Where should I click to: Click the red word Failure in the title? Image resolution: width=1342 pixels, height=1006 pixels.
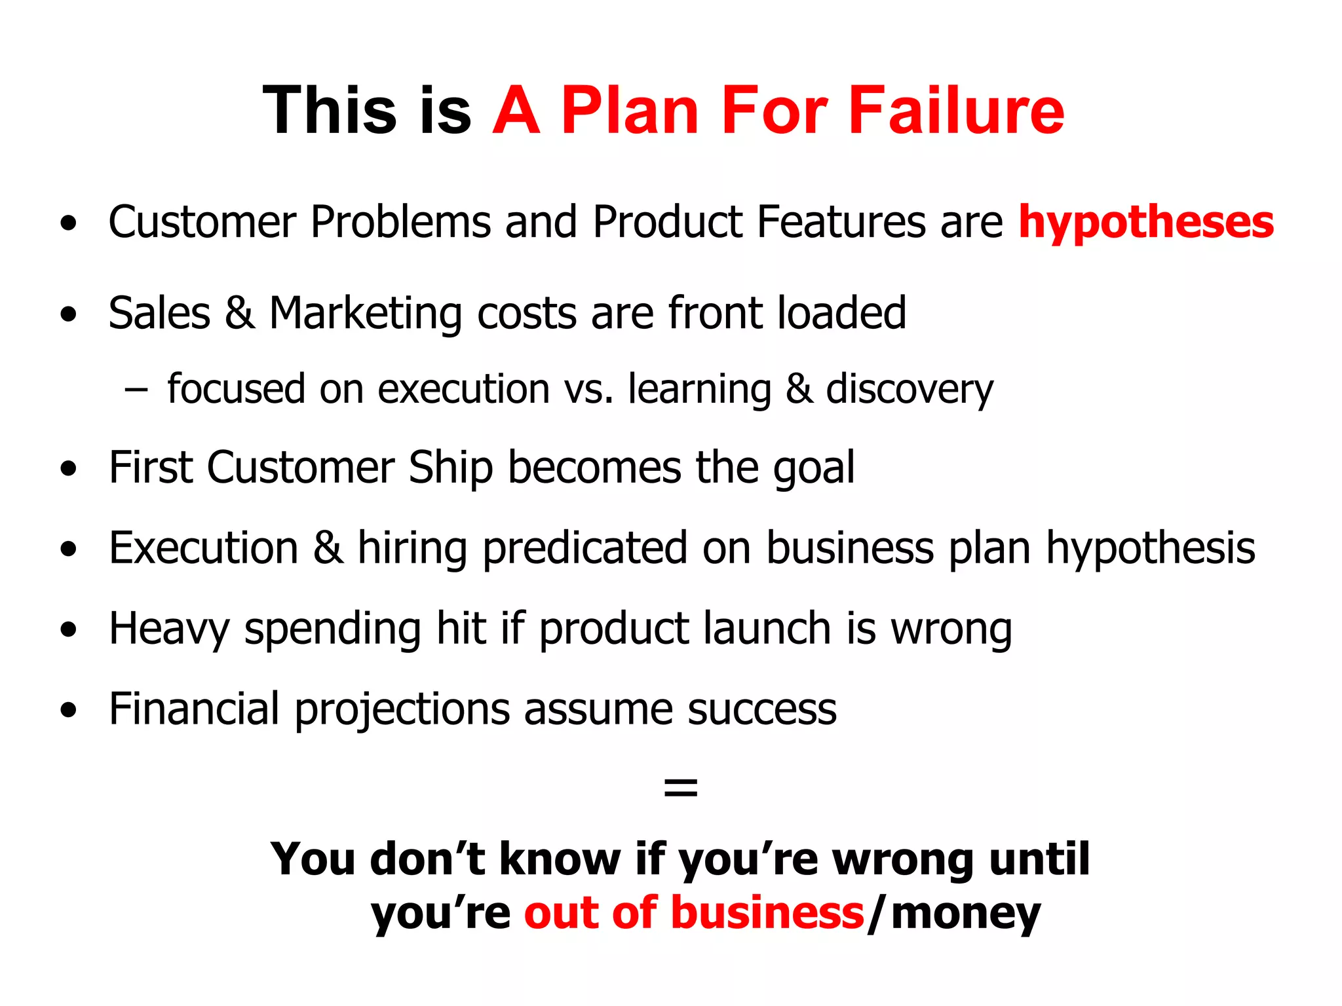956,111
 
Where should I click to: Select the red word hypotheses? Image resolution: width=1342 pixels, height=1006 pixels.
1146,223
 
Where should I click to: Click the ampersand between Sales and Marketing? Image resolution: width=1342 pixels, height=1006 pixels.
240,313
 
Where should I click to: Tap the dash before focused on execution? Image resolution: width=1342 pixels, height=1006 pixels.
136,390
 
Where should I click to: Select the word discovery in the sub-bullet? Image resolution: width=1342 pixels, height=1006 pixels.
910,390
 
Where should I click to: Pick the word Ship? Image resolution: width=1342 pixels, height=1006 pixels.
450,469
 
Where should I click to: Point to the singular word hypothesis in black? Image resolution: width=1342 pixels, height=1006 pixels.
1151,549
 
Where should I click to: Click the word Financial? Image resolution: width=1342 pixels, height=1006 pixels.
194,709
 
